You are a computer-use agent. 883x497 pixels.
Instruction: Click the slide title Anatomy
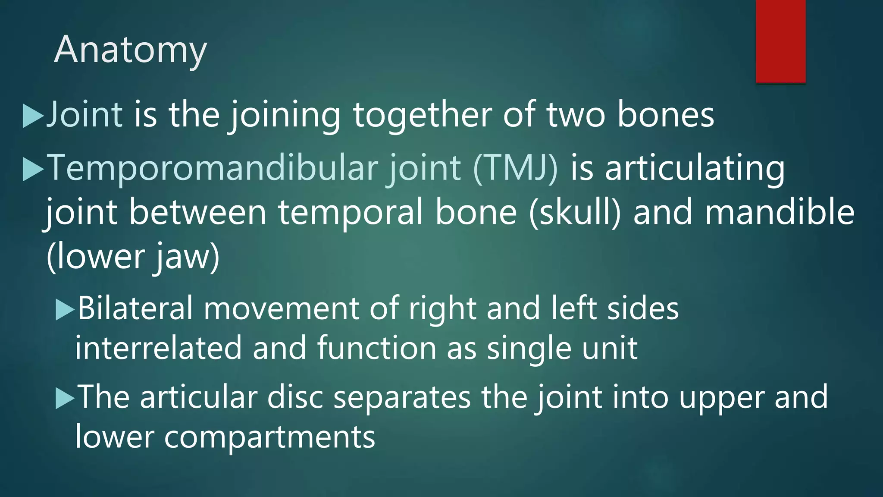130,50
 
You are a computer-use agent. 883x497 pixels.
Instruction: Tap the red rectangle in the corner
780,41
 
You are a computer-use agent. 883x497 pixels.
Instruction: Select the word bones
666,114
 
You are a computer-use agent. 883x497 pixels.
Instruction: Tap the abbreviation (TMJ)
515,168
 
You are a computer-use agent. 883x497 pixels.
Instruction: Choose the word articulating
695,169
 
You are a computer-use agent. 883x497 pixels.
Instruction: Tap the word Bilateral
135,308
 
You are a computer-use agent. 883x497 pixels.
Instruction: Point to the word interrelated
158,348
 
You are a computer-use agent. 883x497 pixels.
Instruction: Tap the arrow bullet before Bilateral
65,310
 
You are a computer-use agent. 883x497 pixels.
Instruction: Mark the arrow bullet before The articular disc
65,399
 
